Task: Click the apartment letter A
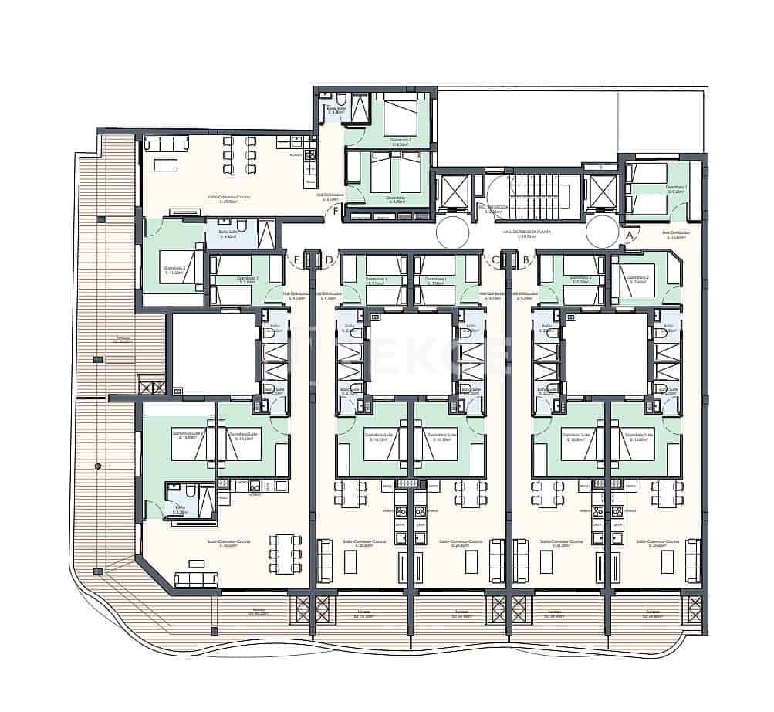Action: (x=630, y=233)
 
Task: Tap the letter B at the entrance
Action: (x=526, y=259)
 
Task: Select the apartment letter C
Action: (x=496, y=259)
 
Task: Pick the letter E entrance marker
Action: (x=296, y=259)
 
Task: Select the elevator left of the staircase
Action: (x=452, y=192)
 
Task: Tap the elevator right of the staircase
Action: (x=602, y=192)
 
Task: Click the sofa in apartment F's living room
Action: (x=167, y=144)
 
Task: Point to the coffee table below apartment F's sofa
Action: (x=165, y=164)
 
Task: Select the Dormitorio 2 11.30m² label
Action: (x=173, y=270)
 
